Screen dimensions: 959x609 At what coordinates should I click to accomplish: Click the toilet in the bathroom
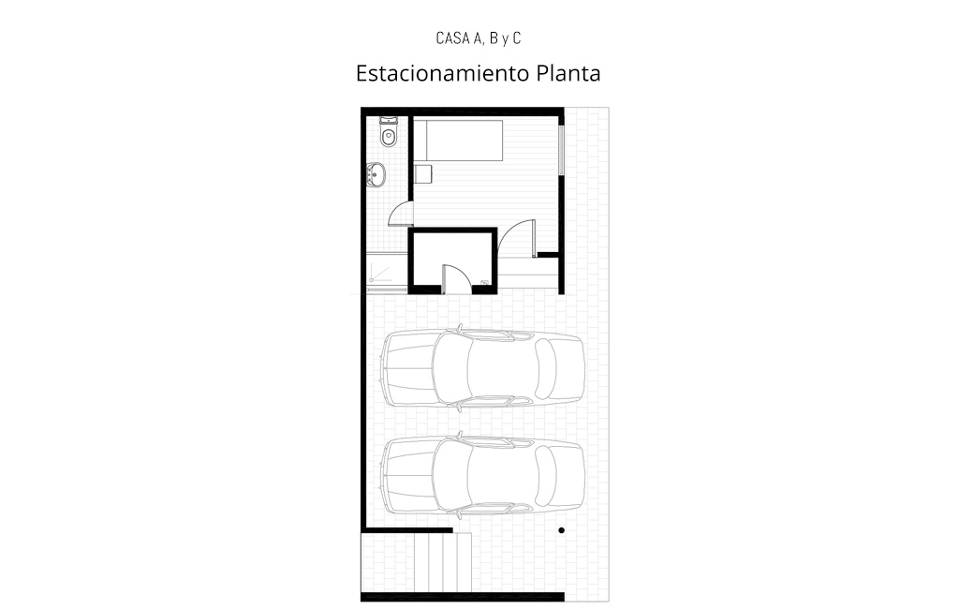388,133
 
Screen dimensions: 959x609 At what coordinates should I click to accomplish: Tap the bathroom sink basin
376,174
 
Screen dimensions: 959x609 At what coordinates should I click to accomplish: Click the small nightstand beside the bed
423,174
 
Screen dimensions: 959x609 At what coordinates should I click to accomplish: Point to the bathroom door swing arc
396,210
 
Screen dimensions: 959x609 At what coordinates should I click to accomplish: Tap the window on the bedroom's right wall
561,151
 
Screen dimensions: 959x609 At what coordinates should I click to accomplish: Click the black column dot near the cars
562,530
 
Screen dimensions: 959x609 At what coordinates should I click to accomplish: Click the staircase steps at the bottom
417,562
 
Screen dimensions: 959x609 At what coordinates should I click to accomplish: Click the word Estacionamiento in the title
443,73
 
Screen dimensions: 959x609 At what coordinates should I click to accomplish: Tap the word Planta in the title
568,73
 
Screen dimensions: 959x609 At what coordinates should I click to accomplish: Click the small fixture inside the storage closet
484,283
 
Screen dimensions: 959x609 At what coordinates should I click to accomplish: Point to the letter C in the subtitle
517,38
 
